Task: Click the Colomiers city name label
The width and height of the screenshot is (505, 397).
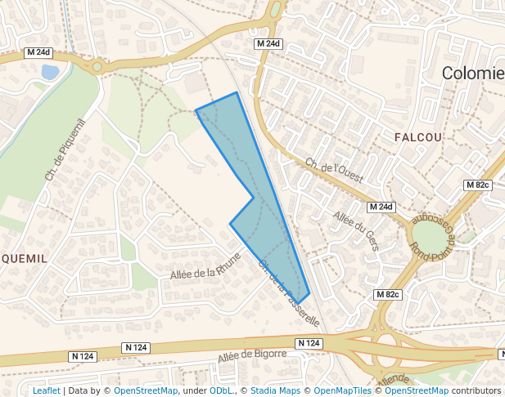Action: pos(473,74)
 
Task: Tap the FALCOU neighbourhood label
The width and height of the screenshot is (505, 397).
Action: pos(417,137)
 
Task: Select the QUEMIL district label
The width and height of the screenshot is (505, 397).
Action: pos(24,258)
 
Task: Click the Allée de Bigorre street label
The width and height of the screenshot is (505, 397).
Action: pos(252,356)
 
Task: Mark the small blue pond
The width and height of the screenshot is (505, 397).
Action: pos(50,72)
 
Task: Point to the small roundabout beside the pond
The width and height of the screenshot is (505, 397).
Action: pos(97,66)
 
